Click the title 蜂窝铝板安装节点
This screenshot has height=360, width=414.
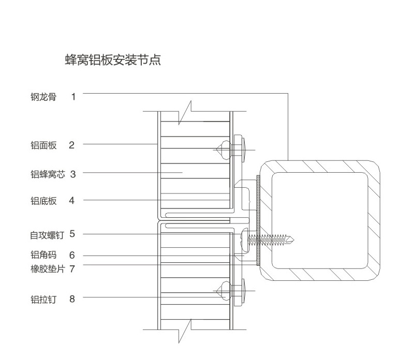point(113,59)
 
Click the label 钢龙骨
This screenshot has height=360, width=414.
point(43,97)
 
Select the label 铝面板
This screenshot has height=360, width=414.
point(43,145)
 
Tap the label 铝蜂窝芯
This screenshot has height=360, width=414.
point(48,174)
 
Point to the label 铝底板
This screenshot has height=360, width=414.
point(43,201)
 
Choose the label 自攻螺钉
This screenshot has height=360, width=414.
point(47,235)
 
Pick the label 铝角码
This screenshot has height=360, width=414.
point(43,255)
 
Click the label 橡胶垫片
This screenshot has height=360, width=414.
point(48,269)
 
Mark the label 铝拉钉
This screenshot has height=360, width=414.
point(43,299)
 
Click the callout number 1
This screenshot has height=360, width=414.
point(73,97)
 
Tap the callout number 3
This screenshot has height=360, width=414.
point(73,174)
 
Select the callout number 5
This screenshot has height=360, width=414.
point(72,234)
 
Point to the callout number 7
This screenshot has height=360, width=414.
point(72,269)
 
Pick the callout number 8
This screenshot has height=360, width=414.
point(72,299)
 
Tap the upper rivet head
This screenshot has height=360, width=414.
point(224,150)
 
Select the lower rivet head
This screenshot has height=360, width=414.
point(224,291)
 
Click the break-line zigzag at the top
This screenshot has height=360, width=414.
point(185,112)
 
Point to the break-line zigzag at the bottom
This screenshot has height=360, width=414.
point(185,331)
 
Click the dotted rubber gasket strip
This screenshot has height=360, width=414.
point(258,220)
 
